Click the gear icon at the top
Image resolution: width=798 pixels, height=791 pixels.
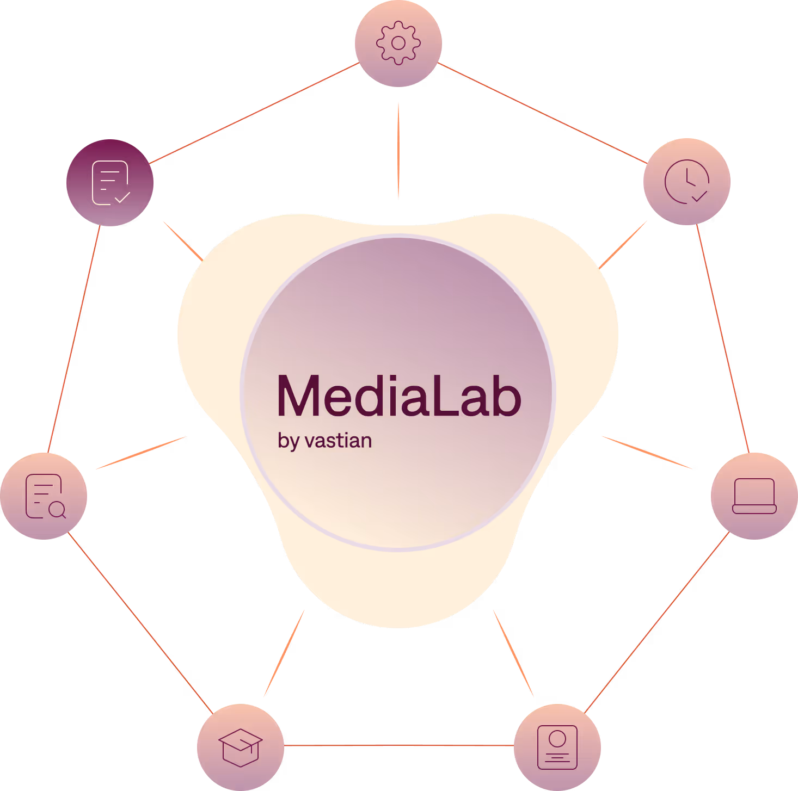(398, 43)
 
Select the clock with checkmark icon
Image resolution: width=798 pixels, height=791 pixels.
(687, 182)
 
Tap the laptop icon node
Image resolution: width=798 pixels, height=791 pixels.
(754, 496)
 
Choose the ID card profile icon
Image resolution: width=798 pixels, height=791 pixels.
(557, 747)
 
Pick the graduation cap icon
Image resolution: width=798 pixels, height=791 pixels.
(241, 747)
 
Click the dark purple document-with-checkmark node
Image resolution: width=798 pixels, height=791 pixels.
(111, 183)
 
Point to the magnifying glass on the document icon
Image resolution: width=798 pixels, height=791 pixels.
(57, 510)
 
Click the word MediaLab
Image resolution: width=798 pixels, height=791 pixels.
(399, 396)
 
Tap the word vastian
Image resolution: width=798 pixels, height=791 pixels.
(339, 441)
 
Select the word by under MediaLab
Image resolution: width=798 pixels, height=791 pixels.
(288, 441)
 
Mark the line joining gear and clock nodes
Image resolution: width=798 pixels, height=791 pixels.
(542, 113)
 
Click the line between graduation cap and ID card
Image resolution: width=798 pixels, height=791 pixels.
(399, 745)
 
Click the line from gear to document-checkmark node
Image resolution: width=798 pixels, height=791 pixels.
(254, 113)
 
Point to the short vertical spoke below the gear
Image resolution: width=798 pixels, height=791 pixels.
(398, 151)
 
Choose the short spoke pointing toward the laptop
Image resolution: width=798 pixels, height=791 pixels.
(647, 452)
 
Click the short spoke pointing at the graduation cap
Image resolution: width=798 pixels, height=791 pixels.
(284, 653)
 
